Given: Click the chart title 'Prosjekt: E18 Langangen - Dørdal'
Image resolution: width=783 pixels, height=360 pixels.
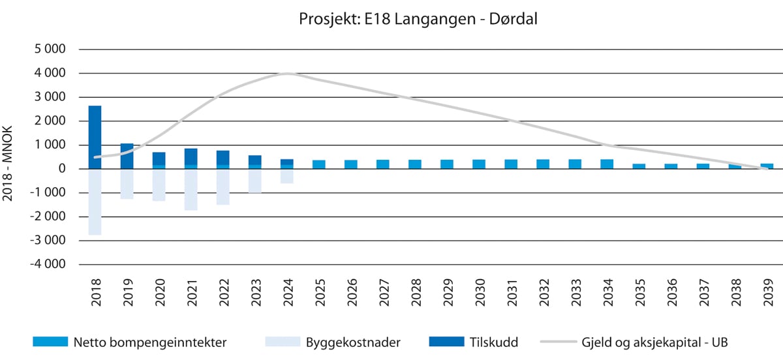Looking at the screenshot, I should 418,20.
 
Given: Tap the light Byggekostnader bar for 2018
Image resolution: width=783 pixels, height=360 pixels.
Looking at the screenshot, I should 95,202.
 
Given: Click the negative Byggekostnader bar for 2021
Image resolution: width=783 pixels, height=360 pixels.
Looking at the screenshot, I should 191,190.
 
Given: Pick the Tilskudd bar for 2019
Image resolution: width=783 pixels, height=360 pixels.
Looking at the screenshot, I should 127,155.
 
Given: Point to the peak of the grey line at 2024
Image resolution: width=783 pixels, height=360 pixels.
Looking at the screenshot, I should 288,73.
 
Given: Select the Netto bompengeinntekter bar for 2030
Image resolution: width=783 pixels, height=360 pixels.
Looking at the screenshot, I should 479,164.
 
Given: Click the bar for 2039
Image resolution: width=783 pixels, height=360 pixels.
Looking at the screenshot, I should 767,166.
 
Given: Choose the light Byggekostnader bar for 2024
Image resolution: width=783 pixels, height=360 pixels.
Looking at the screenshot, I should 287,176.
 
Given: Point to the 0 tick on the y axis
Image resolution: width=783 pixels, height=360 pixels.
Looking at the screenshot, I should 63,169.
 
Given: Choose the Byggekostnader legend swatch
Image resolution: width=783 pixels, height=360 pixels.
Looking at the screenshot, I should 283,341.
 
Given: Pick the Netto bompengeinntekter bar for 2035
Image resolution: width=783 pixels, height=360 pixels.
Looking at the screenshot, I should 639,166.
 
